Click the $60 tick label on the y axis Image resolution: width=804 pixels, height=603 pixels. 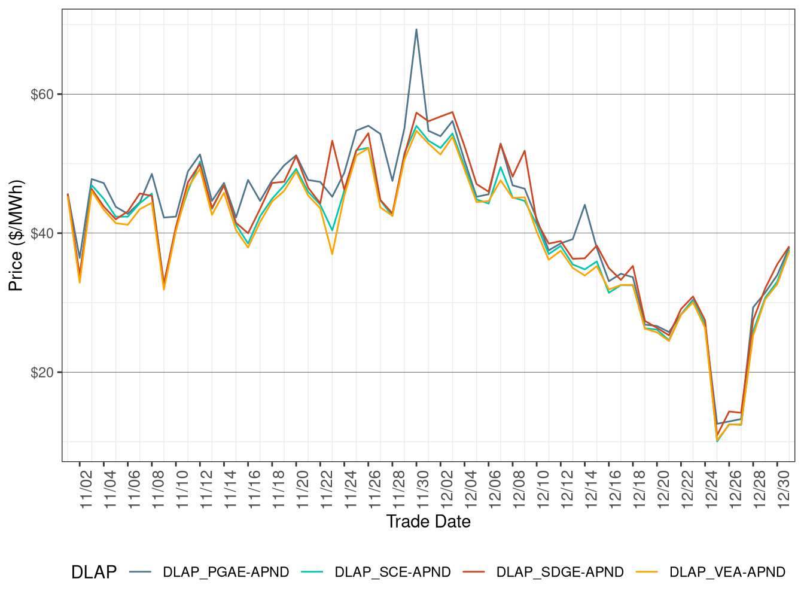click(42, 95)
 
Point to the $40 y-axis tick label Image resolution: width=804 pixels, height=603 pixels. click(42, 233)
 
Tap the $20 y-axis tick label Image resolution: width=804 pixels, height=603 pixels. click(42, 372)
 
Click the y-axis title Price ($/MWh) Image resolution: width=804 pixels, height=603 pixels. click(16, 235)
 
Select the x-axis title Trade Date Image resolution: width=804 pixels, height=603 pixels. click(428, 522)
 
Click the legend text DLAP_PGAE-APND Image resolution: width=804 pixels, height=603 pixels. click(226, 572)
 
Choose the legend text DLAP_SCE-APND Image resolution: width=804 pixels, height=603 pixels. click(392, 572)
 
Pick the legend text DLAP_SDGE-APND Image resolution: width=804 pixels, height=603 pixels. click(560, 572)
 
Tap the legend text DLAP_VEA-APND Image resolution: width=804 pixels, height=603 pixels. click(727, 572)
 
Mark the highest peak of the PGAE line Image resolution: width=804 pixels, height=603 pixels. click(416, 29)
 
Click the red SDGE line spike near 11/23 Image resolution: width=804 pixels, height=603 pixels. click(332, 141)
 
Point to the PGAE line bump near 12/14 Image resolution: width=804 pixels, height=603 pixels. click(584, 205)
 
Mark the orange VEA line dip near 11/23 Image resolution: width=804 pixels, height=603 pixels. click(332, 254)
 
